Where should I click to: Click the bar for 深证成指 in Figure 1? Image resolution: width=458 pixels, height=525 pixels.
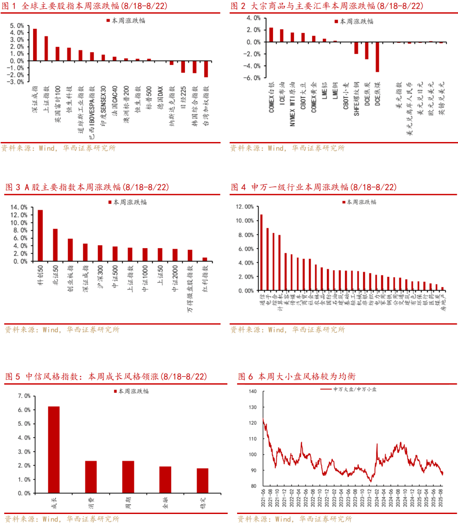(35, 45)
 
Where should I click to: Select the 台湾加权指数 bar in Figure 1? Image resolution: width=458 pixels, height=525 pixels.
(206, 69)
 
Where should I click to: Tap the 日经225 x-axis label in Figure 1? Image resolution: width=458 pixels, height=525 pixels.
(184, 98)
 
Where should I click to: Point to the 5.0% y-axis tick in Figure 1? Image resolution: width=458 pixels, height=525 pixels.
(17, 26)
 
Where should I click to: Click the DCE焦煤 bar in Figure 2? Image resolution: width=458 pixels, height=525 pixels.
(377, 57)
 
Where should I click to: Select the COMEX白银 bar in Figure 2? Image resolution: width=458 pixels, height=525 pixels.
(271, 35)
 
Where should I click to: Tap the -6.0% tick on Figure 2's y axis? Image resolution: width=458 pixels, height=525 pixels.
(253, 78)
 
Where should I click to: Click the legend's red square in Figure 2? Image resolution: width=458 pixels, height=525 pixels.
(336, 21)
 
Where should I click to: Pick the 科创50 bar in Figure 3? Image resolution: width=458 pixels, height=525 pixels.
(40, 235)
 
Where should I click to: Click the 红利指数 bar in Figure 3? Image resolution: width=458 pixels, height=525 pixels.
(205, 259)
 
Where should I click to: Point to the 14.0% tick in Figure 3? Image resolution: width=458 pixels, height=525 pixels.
(19, 207)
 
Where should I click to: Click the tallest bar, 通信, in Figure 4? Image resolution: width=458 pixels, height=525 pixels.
(261, 253)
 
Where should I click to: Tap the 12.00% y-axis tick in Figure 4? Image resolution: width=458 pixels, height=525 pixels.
(245, 207)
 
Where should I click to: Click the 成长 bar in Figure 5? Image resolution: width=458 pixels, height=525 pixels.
(54, 450)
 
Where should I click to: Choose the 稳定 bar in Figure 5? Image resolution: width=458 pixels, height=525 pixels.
(202, 480)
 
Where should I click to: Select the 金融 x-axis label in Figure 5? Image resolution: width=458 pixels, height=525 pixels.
(165, 503)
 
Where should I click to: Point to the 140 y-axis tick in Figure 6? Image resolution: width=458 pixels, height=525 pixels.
(253, 391)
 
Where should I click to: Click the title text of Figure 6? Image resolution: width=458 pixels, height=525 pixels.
(297, 377)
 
